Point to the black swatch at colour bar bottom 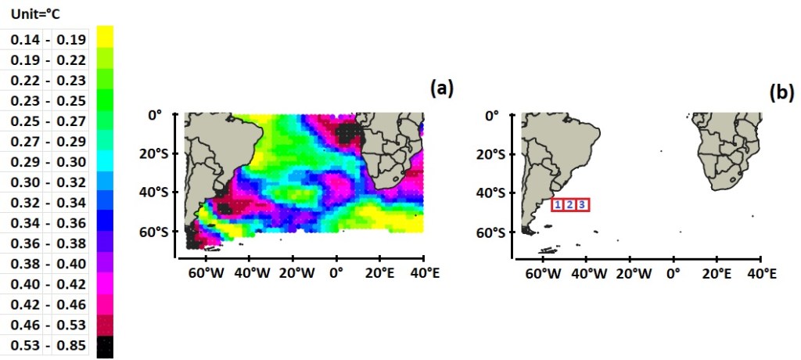105,345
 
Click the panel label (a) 442,88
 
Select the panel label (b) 781,92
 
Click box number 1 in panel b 558,205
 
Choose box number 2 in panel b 569,205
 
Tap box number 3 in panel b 582,205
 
